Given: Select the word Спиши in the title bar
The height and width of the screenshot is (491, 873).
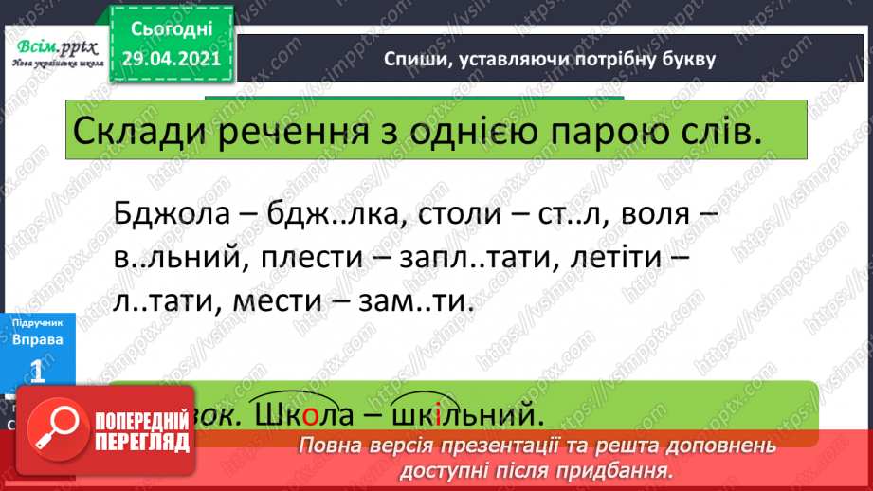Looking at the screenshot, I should pyautogui.click(x=414, y=60).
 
